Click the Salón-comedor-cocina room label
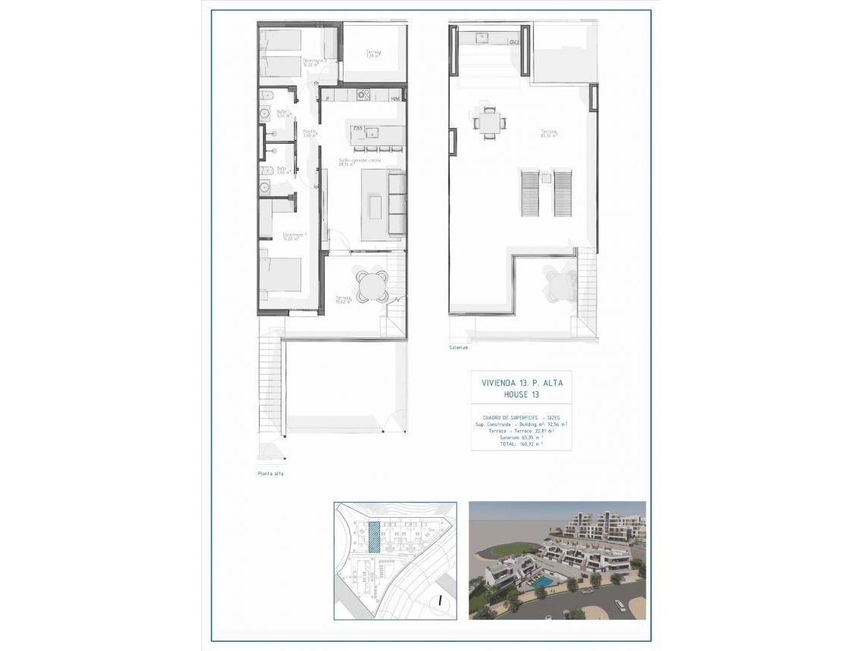[x=359, y=161]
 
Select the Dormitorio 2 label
[x=314, y=62]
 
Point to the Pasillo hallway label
[x=309, y=132]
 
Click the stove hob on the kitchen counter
[x=363, y=95]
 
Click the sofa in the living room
[x=396, y=203]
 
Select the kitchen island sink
[x=372, y=132]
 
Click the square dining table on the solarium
[x=488, y=121]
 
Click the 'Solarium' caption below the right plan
[x=459, y=348]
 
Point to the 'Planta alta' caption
[x=270, y=475]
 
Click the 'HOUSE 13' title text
[x=522, y=395]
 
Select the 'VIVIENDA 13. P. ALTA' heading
[x=522, y=383]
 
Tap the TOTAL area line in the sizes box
[x=521, y=444]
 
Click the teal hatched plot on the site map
[x=374, y=538]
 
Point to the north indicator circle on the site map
[x=439, y=601]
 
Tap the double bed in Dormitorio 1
[x=282, y=274]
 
